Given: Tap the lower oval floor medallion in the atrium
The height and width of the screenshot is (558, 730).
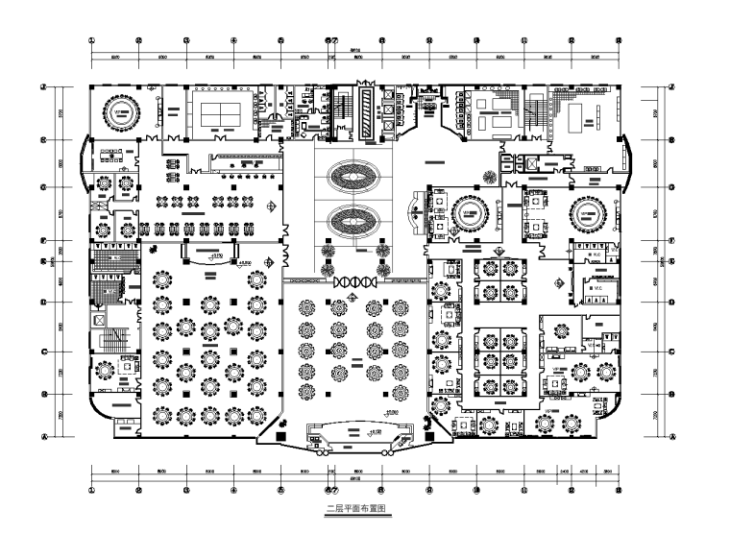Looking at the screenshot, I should point(354,220).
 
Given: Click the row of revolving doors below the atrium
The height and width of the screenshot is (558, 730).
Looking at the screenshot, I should point(353,281).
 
